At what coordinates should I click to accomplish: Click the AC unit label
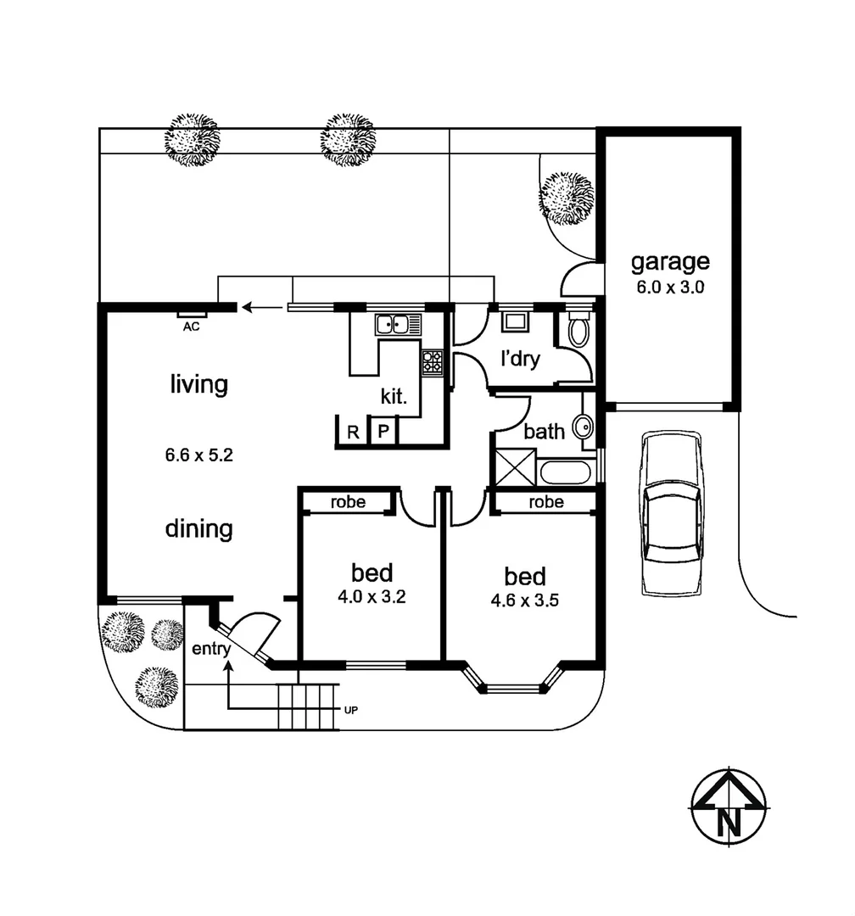(192, 326)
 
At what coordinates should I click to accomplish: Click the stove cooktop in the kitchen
(433, 363)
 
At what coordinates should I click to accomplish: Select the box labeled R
(352, 432)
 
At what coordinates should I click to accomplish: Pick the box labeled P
(383, 432)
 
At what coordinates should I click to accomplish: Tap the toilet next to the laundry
(578, 329)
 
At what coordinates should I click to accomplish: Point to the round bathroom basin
(584, 427)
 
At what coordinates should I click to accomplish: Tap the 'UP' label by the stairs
(350, 709)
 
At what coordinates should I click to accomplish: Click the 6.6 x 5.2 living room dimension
(199, 455)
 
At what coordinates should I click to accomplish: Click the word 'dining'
(198, 528)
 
